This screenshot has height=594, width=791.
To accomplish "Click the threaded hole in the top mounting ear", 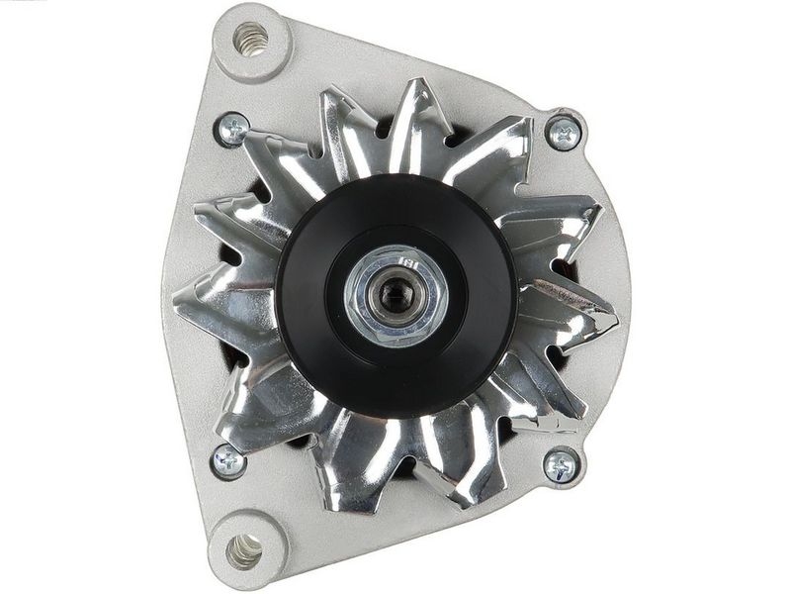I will pyautogui.click(x=251, y=41).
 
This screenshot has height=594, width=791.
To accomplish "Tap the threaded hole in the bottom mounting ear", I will pyautogui.click(x=244, y=550).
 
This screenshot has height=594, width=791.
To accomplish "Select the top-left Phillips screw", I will pyautogui.click(x=232, y=128).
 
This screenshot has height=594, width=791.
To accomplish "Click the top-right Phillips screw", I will pyautogui.click(x=564, y=132).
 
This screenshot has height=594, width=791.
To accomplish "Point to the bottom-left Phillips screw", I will pyautogui.click(x=228, y=459).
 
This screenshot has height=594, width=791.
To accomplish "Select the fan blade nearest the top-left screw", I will pyautogui.click(x=282, y=163).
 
